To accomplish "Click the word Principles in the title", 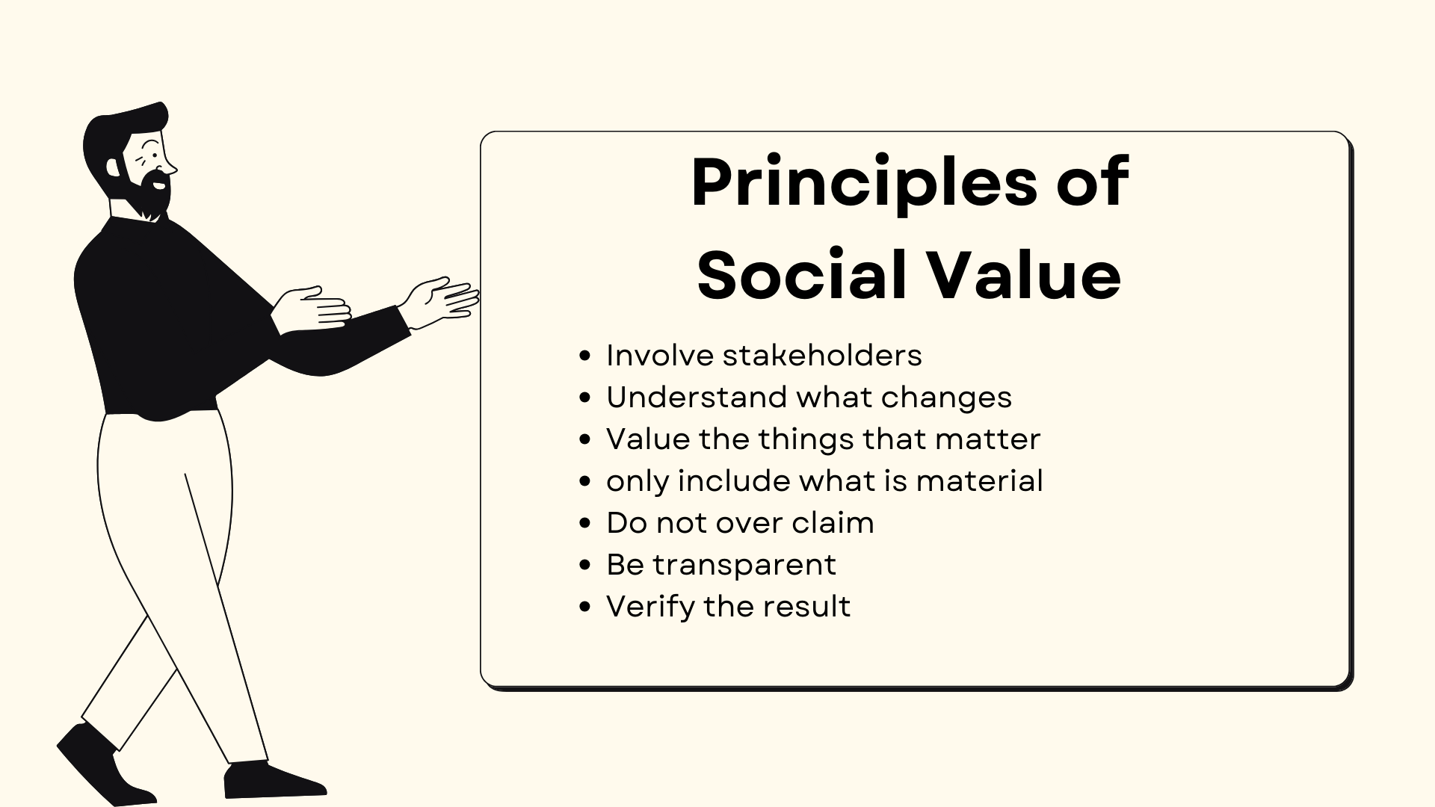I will click(864, 184).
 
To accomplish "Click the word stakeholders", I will click(822, 355).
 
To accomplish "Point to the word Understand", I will click(695, 397).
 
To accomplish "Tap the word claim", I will click(833, 522).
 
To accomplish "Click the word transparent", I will click(744, 565).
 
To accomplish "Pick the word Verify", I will click(650, 607).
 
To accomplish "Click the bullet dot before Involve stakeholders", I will click(585, 356).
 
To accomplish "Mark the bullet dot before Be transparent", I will click(585, 565).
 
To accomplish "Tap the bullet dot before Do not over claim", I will click(585, 523).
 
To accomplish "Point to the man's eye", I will click(152, 156).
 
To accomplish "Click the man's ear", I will click(113, 166).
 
